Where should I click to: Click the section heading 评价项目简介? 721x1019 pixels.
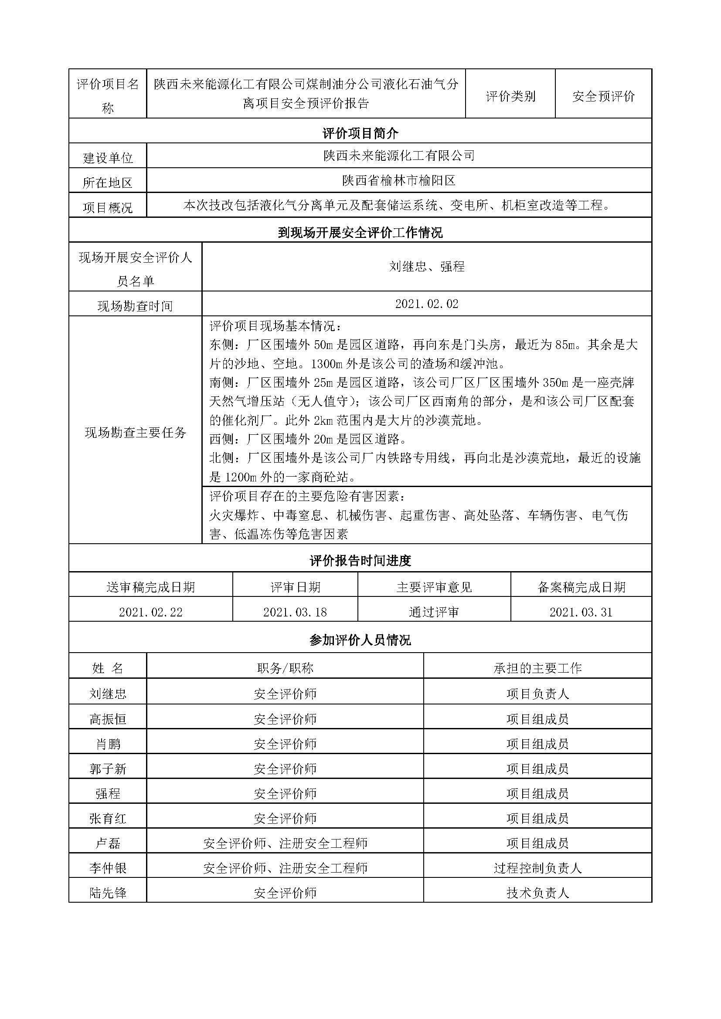coord(360,133)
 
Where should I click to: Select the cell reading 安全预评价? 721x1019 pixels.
coord(603,96)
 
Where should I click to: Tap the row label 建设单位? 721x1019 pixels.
coord(108,158)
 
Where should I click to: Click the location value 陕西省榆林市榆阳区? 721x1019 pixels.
coord(399,180)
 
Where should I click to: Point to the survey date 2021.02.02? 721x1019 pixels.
coord(426,304)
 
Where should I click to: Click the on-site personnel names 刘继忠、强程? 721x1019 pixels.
coord(426,266)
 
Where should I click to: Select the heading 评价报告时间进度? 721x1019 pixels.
coord(360,561)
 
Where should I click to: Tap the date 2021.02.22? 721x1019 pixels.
coord(150,612)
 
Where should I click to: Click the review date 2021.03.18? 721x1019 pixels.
coord(295,612)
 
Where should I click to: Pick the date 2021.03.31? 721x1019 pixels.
coord(581,612)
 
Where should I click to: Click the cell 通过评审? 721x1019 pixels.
coord(434,612)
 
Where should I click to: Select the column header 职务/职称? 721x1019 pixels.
coord(285,668)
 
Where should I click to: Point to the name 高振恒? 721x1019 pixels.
coord(108,718)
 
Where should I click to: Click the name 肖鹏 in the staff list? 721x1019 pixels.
coord(108,743)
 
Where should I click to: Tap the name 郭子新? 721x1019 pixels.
coord(108,768)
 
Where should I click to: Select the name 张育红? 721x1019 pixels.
coord(108,818)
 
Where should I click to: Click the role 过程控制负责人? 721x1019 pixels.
coord(537,868)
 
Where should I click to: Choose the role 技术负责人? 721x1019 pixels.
coord(537,893)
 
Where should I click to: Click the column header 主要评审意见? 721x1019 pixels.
coord(434,587)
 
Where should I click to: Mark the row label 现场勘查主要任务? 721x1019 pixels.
coord(136,432)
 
